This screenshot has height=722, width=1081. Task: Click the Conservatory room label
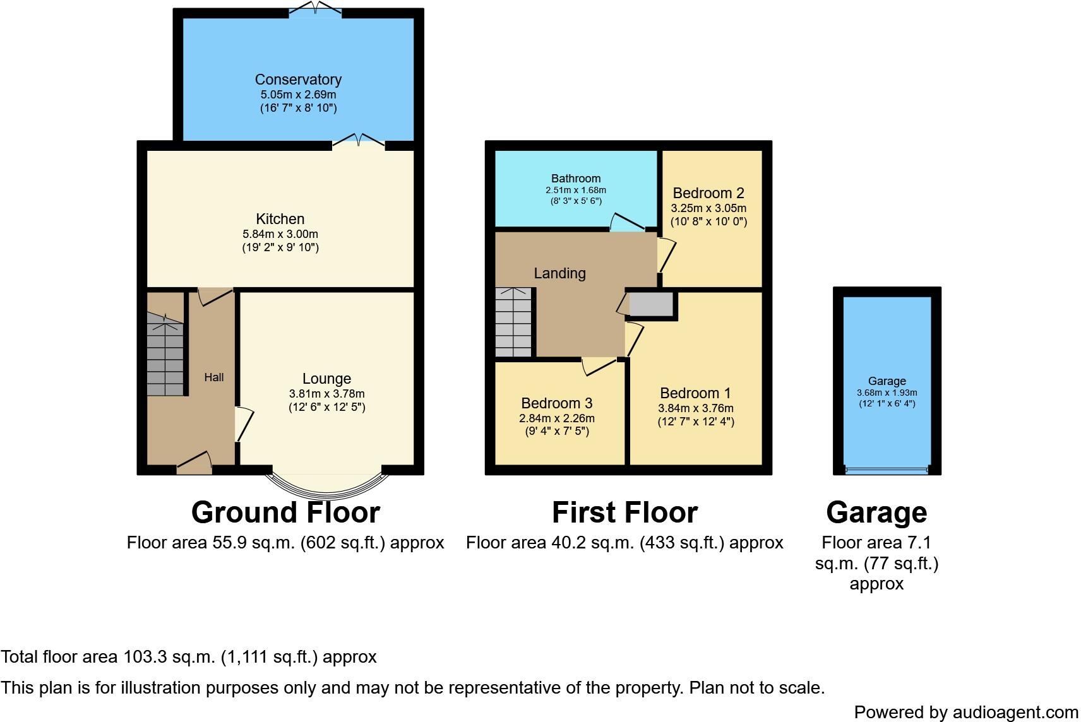coord(298,80)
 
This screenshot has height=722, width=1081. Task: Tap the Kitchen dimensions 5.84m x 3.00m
coord(280,234)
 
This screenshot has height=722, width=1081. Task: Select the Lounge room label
coord(326,379)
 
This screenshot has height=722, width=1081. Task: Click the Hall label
coord(214,377)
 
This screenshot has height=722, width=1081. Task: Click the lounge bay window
coord(327,487)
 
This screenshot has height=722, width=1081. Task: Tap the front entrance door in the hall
coord(194,465)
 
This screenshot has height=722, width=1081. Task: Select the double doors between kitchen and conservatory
coord(359,141)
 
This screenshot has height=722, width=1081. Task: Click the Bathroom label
coord(576,179)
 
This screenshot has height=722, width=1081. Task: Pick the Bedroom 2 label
coord(708,193)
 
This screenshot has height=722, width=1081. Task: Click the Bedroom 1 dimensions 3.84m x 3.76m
coord(696,408)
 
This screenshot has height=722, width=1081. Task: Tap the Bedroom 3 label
coord(557,403)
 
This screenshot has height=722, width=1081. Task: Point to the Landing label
coord(560,273)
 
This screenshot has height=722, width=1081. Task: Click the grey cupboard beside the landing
coord(652,304)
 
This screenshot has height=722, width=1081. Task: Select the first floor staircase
coord(513,323)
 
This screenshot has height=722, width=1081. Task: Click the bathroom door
coord(627,222)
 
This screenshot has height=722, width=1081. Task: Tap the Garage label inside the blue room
coord(887,381)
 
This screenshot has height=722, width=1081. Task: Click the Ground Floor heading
coord(285,512)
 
